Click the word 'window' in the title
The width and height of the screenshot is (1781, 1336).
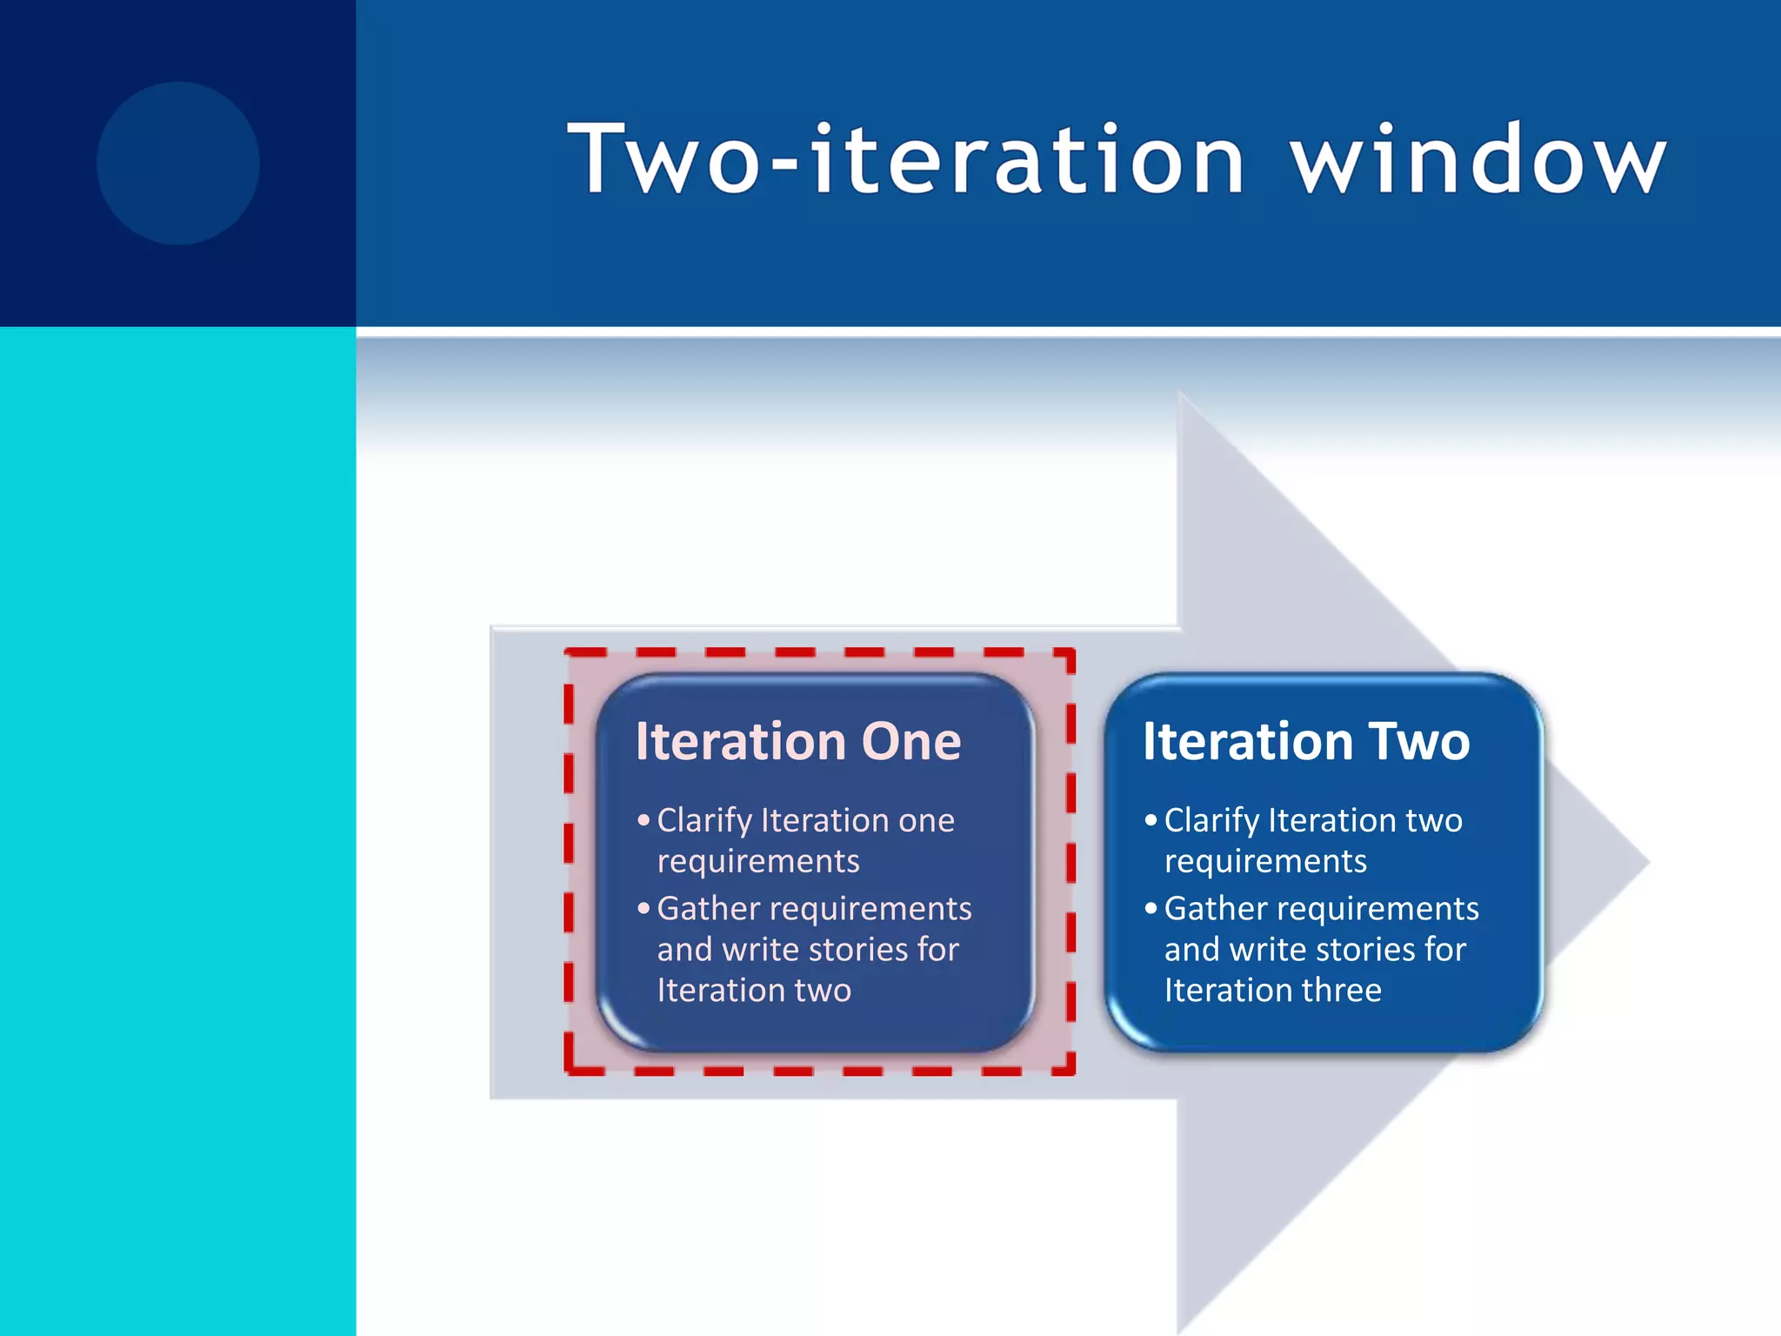click(1478, 160)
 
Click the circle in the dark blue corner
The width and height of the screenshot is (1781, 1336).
click(178, 163)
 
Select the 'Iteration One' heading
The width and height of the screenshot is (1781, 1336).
click(797, 741)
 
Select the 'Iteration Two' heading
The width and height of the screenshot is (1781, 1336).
click(1305, 741)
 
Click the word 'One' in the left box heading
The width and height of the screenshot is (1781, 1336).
click(911, 741)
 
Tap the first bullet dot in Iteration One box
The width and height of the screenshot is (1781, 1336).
click(644, 820)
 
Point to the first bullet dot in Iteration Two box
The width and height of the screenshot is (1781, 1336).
click(1151, 820)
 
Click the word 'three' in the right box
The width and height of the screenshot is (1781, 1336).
click(1341, 990)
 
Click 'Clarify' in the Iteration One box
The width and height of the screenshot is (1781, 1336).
click(704, 820)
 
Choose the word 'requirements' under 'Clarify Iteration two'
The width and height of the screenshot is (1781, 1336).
click(1265, 862)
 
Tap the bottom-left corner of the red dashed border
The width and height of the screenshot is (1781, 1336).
click(570, 1070)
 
